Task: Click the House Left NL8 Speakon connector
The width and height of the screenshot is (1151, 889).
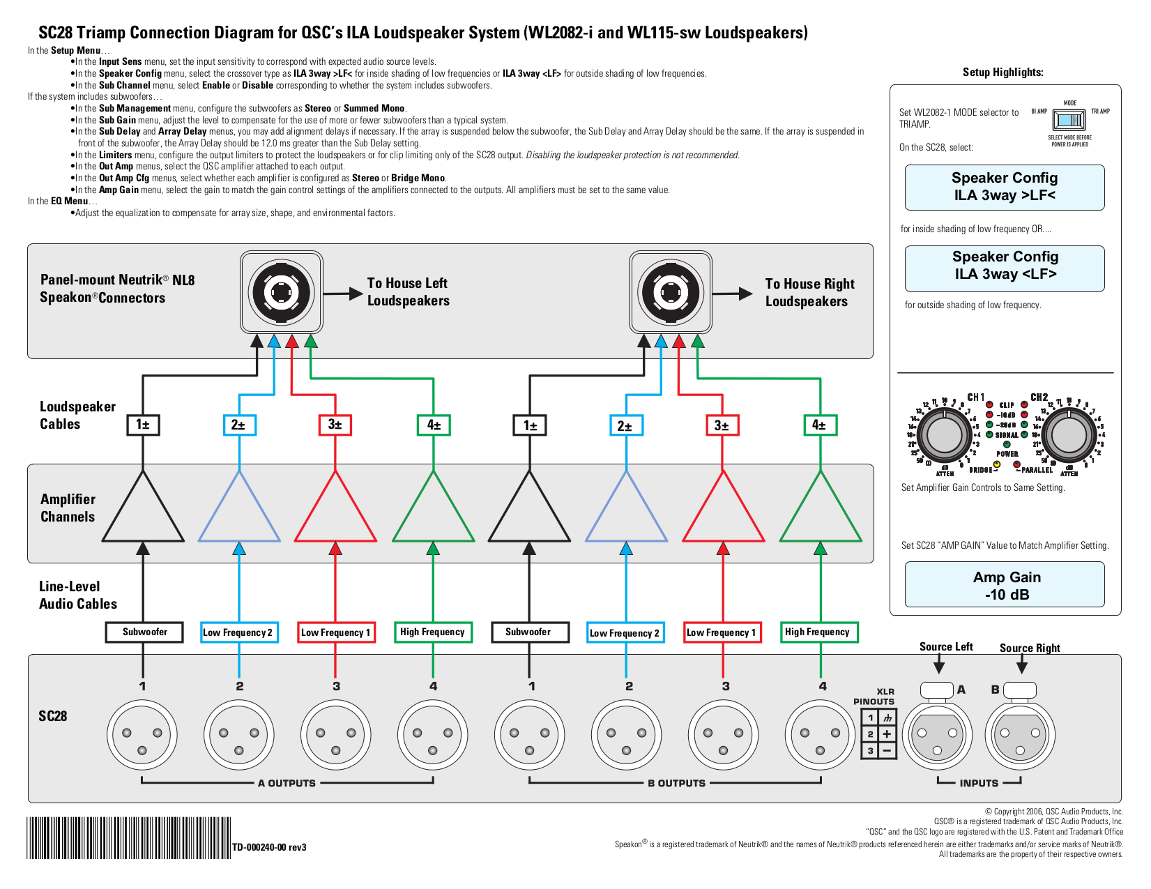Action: coord(281,293)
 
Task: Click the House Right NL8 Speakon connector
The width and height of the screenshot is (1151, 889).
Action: coord(670,293)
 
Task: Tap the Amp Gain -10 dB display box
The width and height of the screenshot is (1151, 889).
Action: coord(1005,585)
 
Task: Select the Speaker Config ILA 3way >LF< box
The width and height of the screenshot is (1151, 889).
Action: coord(1004,187)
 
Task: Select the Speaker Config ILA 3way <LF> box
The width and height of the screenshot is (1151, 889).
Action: coord(1005,268)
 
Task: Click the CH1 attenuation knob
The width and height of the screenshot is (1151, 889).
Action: coord(945,435)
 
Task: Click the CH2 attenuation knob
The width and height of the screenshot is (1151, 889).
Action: coord(1069,435)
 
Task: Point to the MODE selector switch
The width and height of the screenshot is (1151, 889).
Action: coord(1069,121)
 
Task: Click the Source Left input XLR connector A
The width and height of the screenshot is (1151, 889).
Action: coord(936,734)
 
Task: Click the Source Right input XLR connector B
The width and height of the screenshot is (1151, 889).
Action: coord(1019,734)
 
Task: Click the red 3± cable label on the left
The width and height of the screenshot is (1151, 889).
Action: coord(335,425)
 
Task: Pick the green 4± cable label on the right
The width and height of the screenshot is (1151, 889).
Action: coord(820,425)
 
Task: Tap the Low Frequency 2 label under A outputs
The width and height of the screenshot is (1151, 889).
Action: coord(239,632)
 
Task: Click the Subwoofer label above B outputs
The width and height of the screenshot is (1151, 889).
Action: coord(528,632)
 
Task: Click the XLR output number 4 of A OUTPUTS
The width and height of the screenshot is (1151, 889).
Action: coord(433,734)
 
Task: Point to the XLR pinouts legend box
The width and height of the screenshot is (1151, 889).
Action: coord(878,734)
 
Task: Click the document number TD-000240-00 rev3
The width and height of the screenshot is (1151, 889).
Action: coord(269,847)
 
